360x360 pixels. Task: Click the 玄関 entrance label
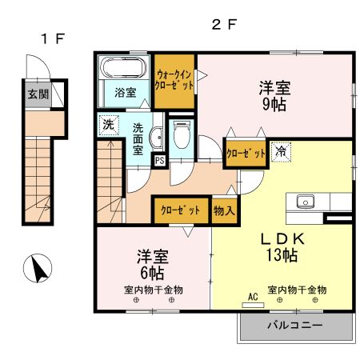coord(37,94)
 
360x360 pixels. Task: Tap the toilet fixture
coord(182,135)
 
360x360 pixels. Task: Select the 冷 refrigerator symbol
coord(282,150)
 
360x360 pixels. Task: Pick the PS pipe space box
coord(159,159)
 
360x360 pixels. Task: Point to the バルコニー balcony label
coord(295,326)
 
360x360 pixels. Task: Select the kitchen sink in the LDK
coord(306,201)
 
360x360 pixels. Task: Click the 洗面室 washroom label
coord(138,138)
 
